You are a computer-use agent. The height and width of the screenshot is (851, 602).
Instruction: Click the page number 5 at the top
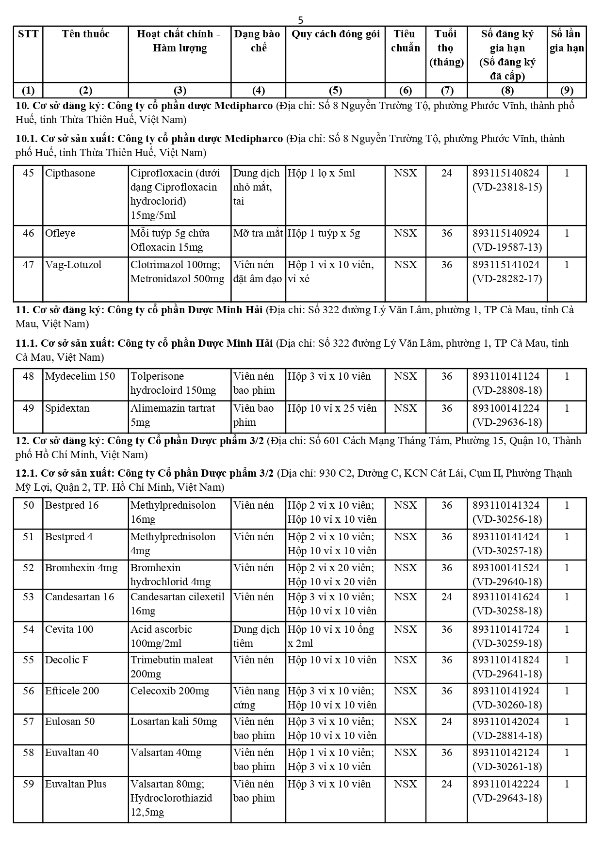tap(300, 20)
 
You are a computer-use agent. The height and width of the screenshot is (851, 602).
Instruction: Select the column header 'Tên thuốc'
tap(85, 34)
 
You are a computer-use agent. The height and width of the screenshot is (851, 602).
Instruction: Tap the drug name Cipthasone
tap(70, 173)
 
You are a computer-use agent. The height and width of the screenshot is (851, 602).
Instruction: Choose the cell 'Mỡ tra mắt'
tap(258, 233)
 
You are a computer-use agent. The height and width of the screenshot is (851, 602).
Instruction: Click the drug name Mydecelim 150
tap(80, 376)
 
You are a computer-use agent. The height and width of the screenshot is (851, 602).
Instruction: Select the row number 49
tap(29, 408)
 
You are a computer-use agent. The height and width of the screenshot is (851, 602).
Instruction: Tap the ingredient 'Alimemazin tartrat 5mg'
tap(172, 415)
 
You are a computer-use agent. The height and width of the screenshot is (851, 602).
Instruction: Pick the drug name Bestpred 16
tap(72, 505)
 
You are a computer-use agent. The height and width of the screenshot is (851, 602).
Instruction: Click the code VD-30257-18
tap(507, 551)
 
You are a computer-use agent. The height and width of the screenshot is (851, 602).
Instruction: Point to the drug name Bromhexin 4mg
tap(81, 568)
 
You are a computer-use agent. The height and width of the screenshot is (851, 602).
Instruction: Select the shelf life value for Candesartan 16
tap(446, 597)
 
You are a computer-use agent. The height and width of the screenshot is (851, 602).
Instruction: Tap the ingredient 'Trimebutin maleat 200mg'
tap(172, 667)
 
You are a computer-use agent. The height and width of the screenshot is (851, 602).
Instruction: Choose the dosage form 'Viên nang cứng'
tap(256, 698)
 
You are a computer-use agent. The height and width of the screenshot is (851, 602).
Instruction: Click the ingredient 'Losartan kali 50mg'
tap(174, 722)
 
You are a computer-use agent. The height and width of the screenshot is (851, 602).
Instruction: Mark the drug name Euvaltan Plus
tap(76, 784)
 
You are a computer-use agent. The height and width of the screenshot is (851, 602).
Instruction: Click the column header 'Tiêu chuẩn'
tap(405, 41)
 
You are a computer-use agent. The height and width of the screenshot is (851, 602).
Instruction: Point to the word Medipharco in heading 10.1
tap(254, 139)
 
